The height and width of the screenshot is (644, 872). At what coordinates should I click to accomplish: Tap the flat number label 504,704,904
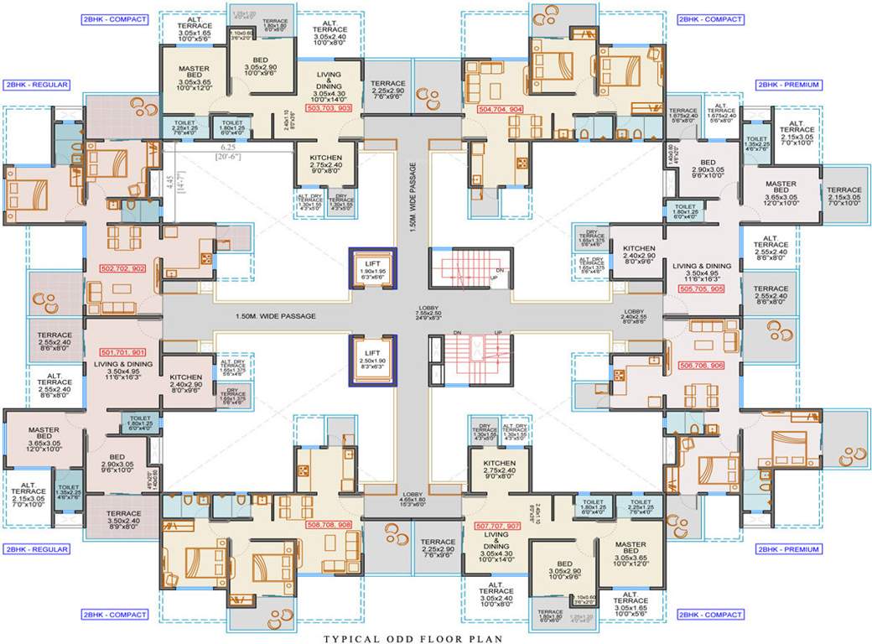(x=501, y=109)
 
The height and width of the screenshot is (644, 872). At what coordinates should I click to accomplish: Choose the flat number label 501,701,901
(x=123, y=352)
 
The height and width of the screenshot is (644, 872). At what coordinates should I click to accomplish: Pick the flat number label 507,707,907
(x=498, y=527)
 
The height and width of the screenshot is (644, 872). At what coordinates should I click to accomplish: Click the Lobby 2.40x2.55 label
(x=634, y=316)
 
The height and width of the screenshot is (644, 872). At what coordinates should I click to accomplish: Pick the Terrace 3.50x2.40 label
(x=123, y=518)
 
